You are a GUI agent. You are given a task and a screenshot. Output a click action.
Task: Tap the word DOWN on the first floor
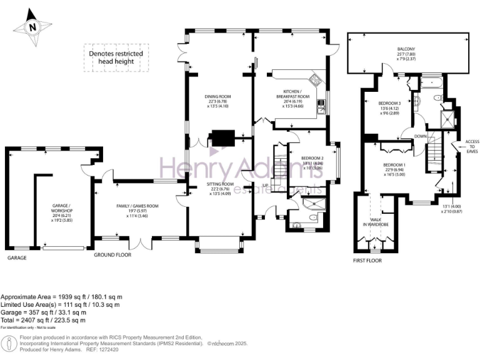(x=421, y=136)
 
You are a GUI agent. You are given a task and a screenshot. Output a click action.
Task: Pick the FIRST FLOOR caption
(x=367, y=261)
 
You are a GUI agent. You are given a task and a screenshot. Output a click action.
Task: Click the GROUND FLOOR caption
(x=112, y=256)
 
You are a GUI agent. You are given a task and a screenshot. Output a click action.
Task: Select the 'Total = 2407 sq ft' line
(x=43, y=320)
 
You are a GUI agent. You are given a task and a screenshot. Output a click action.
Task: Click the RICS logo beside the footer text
(x=9, y=342)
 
